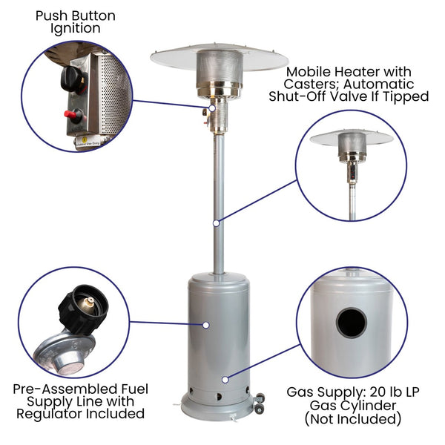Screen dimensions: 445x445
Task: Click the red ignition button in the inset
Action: click(70, 114)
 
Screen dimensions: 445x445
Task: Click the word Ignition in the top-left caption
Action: click(76, 29)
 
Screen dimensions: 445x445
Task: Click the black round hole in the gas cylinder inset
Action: click(352, 323)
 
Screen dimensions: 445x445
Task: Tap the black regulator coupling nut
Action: click(83, 308)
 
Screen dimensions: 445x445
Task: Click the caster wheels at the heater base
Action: click(259, 403)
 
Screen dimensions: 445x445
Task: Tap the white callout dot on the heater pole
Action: click(217, 223)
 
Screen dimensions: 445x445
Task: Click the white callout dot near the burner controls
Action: click(212, 108)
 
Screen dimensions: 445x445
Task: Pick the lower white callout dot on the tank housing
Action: click(225, 380)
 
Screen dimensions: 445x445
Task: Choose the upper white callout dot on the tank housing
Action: click(206, 326)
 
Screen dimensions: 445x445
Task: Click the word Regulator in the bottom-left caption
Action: click(48, 414)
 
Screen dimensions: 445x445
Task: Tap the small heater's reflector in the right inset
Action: click(352, 139)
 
